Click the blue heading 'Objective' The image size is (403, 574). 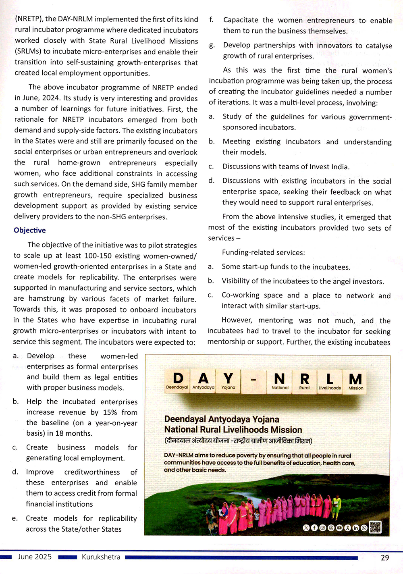click(x=30, y=230)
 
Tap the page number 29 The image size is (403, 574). click(x=385, y=557)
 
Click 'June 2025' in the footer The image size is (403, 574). click(x=35, y=557)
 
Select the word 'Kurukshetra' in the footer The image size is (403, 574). click(x=101, y=557)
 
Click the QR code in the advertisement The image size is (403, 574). click(x=375, y=527)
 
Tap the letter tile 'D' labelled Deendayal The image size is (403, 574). click(x=178, y=381)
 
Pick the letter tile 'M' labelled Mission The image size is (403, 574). click(x=355, y=381)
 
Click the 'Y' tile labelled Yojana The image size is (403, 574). click(x=228, y=381)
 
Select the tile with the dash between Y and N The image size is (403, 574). click(x=253, y=381)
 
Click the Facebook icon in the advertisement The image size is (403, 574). click(x=314, y=528)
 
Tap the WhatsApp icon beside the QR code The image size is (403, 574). click(x=364, y=528)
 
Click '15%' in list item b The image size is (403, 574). click(x=110, y=412)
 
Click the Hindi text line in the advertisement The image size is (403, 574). click(x=238, y=441)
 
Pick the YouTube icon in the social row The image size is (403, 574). click(x=339, y=528)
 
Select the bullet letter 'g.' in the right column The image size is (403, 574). click(x=212, y=46)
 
